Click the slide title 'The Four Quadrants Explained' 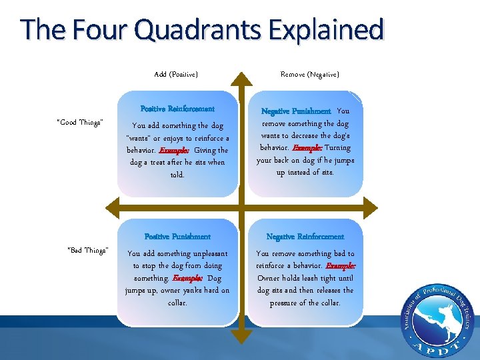pos(202,30)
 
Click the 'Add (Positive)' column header pos(176,75)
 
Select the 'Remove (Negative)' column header pos(309,75)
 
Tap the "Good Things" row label pos(80,123)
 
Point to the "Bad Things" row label pos(88,251)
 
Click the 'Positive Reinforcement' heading pos(177,109)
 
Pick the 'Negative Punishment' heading pos(295,111)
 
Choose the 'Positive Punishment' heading pos(177,237)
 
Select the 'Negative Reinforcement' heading pos(305,237)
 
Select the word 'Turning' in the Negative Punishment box pos(337,148)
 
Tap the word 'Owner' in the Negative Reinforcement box pos(269,278)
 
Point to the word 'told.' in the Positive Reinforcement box pos(177,175)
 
